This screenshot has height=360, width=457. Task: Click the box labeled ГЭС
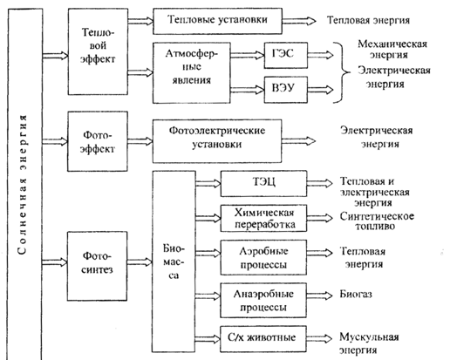tap(286, 55)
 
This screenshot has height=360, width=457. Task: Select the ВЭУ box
tap(286, 90)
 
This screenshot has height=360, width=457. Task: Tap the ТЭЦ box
tap(263, 184)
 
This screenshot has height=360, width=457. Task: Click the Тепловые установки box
tap(217, 21)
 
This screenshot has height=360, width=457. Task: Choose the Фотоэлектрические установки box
tap(217, 141)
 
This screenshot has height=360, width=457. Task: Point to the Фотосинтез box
tap(98, 266)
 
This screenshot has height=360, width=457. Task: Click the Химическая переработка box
tap(263, 218)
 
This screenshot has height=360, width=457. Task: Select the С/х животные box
tap(263, 339)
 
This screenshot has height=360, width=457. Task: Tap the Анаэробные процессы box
tap(263, 300)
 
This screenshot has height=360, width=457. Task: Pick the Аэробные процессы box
tap(263, 257)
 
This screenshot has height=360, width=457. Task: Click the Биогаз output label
tap(356, 294)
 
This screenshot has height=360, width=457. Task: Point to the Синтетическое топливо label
tap(377, 221)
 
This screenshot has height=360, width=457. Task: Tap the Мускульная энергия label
tap(369, 343)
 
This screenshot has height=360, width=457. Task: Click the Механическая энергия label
tap(392, 50)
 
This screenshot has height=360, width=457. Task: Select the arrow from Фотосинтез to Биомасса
tap(140, 262)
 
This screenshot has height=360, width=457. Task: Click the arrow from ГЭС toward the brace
tap(320, 55)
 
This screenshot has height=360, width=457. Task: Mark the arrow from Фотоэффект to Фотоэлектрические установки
tap(140, 141)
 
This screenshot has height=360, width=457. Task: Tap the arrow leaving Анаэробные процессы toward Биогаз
tap(319, 295)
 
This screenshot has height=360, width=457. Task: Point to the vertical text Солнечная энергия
tap(23, 185)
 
